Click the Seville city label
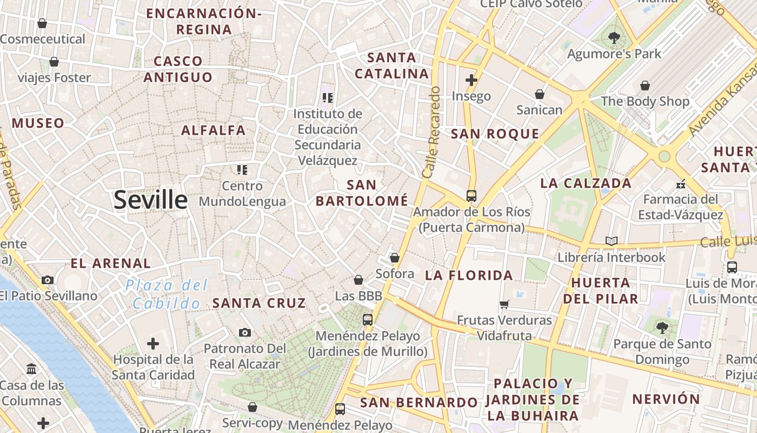coord(150,200)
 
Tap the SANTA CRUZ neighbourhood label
coord(259,303)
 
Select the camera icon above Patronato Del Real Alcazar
coord(245,332)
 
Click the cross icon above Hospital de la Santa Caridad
coord(153,343)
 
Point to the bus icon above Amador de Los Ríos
coord(472,195)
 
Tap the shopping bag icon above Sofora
coord(395,258)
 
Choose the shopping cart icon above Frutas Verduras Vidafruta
coord(504,304)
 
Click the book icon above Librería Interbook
coord(612,241)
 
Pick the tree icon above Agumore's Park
coord(614,38)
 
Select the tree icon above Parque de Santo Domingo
coord(662,327)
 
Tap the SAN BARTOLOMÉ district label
coord(362,193)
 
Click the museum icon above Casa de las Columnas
coord(31,369)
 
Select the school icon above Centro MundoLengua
coord(242,170)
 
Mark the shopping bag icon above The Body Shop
coord(645,86)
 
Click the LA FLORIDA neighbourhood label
coord(469,275)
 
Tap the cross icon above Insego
coord(472,80)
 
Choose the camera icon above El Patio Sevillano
coord(48,280)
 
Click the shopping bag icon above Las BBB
coord(358,280)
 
